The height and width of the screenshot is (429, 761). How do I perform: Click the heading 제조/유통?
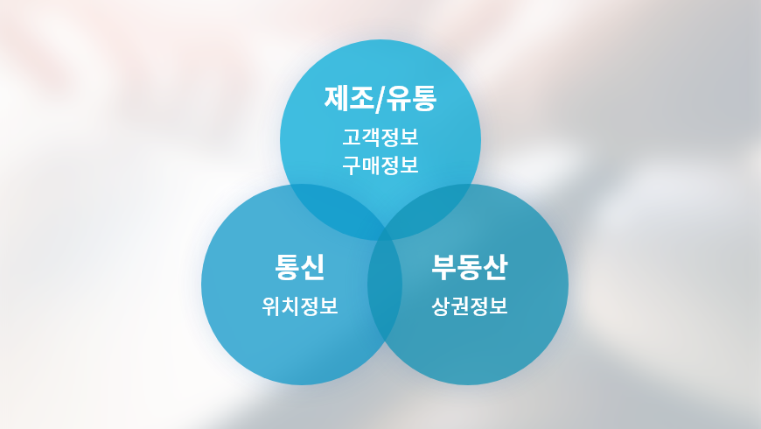pos(380,99)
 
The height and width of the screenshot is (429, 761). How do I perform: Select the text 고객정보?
pos(380,137)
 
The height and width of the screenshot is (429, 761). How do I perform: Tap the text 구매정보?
pos(380,165)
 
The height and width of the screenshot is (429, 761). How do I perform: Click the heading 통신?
pos(299,267)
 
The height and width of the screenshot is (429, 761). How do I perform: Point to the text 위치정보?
pos(299,306)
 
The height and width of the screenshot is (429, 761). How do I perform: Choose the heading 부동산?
pos(470,267)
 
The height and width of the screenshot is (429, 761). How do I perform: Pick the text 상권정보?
pos(470,306)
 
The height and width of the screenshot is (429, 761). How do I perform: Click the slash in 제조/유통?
pos(380,100)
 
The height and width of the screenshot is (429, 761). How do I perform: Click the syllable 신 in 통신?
pos(312,267)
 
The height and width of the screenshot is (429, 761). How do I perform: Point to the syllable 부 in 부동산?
pos(443,267)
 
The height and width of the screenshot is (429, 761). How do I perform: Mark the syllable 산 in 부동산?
pos(495,267)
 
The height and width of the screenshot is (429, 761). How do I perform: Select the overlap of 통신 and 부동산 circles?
pos(385,285)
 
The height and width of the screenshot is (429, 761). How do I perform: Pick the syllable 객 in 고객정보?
pos(371,137)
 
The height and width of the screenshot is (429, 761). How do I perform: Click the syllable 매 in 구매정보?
pos(371,165)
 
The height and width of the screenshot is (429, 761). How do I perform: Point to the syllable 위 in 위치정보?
pos(271,306)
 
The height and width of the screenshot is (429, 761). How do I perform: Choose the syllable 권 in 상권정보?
pos(460,306)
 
